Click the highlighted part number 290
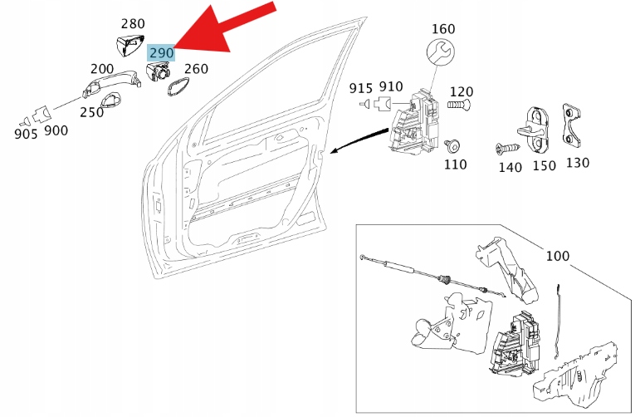[x=161, y=52]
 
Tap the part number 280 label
[x=134, y=23]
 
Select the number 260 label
[x=196, y=69]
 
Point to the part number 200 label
[x=101, y=69]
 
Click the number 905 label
[x=26, y=133]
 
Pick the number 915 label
[x=361, y=88]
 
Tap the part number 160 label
[x=443, y=29]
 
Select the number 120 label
[x=462, y=91]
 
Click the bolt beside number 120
[x=459, y=106]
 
